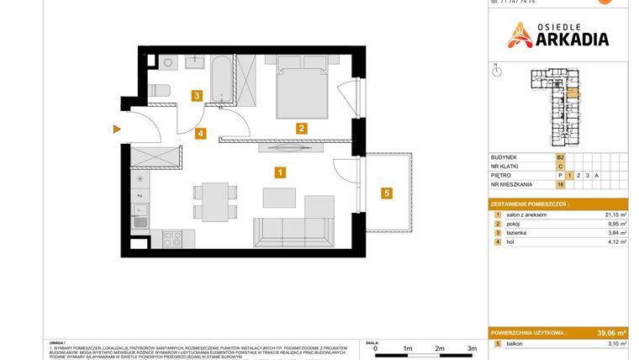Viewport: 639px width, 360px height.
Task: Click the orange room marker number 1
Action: (x=280, y=172)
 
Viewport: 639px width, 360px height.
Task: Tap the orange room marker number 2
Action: (x=301, y=129)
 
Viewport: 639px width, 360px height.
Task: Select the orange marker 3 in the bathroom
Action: (x=196, y=96)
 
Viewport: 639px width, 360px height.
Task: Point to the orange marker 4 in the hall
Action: (x=200, y=133)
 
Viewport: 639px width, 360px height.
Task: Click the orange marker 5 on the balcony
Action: (x=386, y=193)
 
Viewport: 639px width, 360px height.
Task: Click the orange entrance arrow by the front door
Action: (x=116, y=129)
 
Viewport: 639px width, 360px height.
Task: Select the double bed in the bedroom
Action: (x=300, y=90)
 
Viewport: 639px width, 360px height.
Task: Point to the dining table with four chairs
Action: (x=210, y=203)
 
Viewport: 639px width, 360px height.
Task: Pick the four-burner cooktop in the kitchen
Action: (x=172, y=238)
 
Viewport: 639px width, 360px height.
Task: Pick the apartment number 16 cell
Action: (x=560, y=184)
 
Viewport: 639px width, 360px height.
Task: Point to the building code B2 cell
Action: (x=560, y=156)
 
